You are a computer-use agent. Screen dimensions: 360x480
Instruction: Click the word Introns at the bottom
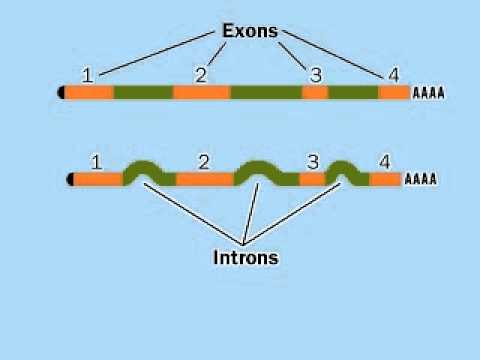(x=245, y=257)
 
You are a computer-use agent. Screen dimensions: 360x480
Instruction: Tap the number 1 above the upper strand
(x=88, y=75)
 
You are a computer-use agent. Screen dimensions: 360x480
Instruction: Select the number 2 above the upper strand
(x=201, y=75)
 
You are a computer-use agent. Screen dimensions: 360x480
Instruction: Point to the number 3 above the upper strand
(x=316, y=75)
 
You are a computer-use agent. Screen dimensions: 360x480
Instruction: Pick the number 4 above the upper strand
(x=393, y=75)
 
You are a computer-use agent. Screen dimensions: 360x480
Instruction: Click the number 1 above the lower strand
(x=96, y=161)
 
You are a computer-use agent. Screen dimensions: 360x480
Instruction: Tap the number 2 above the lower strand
(x=204, y=161)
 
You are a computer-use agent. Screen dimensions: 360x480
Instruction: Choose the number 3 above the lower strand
(x=312, y=161)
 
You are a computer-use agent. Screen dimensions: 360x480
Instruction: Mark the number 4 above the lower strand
(x=385, y=161)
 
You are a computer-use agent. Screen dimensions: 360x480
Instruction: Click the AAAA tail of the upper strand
(x=428, y=93)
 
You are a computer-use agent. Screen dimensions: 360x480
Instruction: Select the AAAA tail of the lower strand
(x=420, y=180)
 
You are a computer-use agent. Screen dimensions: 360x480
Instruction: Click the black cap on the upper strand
(x=63, y=93)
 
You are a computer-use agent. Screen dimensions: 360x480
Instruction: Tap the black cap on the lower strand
(x=71, y=180)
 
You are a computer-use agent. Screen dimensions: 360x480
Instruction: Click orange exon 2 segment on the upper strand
(x=201, y=93)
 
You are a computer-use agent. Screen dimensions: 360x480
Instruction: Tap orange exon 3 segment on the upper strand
(x=315, y=93)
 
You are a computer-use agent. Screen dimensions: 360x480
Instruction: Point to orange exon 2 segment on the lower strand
(x=204, y=180)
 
